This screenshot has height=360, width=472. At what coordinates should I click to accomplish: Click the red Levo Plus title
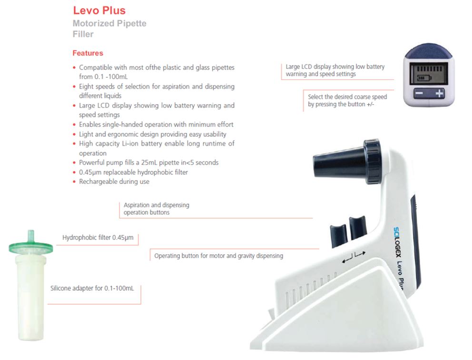click(x=99, y=10)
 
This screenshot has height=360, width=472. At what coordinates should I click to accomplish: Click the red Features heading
click(x=88, y=53)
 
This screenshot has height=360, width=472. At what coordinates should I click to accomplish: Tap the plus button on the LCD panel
click(x=440, y=93)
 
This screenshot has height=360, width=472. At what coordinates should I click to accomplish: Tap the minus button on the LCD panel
click(x=419, y=93)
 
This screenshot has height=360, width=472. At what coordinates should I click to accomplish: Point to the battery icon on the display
click(x=424, y=79)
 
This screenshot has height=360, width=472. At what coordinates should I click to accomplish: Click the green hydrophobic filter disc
click(x=31, y=247)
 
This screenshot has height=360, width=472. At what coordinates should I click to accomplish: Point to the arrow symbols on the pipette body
click(x=354, y=257)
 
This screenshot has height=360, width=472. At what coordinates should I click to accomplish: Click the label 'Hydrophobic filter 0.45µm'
click(x=98, y=238)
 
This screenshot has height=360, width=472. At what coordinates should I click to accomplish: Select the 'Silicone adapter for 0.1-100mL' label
click(x=92, y=288)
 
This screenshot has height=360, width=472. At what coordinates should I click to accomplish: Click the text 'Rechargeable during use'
click(x=114, y=181)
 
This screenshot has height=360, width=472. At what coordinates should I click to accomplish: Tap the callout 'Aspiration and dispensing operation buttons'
click(x=157, y=209)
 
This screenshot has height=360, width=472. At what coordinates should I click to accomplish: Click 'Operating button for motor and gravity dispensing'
click(x=219, y=256)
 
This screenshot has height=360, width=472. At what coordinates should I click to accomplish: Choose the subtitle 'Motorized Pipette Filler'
click(x=109, y=29)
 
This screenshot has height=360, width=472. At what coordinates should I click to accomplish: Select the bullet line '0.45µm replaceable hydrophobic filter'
click(x=133, y=172)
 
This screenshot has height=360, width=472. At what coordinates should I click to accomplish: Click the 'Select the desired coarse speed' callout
click(x=347, y=100)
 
